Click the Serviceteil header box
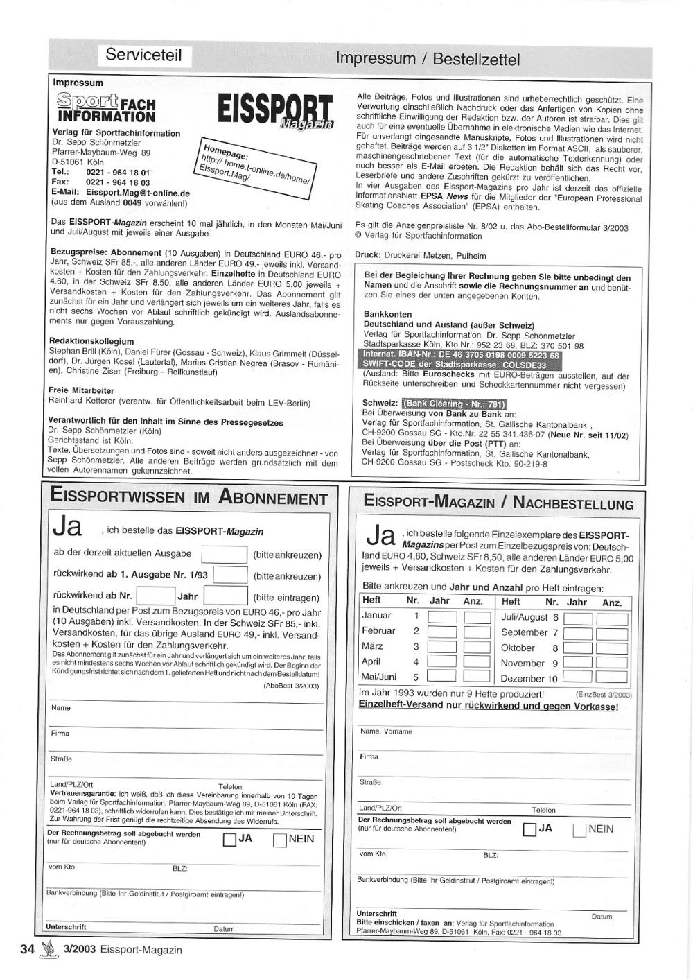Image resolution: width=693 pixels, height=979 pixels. point(143,55)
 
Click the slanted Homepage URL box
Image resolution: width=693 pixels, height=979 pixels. point(257,168)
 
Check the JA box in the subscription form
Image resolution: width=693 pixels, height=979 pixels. point(229,840)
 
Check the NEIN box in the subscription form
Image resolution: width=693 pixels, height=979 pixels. point(280,840)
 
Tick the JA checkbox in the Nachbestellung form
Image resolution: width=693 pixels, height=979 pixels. point(529,829)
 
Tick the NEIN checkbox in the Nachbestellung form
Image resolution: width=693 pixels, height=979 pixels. point(579,829)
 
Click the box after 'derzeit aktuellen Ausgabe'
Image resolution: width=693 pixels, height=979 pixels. point(224,555)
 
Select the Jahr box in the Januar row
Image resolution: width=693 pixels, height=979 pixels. point(441,617)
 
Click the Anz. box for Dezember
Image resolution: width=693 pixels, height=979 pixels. point(612,678)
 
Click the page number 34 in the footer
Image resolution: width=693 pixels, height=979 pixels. point(27,949)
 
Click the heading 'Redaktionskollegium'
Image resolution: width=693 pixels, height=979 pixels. point(91,341)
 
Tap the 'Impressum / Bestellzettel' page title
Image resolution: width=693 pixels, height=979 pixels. point(427,59)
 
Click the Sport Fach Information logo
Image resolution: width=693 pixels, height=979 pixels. point(106,107)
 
